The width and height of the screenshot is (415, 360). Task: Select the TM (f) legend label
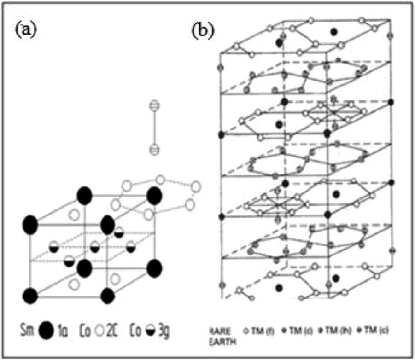click(x=265, y=331)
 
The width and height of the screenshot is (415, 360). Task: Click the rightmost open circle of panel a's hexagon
click(x=196, y=186)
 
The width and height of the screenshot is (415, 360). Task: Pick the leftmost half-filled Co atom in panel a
click(x=53, y=245)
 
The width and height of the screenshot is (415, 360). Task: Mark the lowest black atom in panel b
click(x=279, y=288)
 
